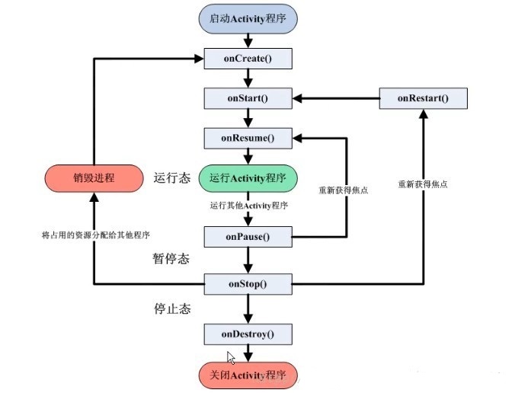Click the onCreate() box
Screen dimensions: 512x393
[248, 59]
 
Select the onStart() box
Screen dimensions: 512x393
[248, 98]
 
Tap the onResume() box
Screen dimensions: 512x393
[248, 138]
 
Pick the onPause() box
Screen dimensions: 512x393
[248, 237]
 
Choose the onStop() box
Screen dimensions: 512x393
[248, 284]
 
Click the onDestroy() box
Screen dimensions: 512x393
[248, 334]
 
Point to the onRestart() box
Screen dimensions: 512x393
[423, 98]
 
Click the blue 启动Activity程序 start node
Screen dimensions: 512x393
[248, 19]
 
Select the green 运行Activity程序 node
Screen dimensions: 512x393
[248, 178]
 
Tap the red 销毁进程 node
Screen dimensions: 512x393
[94, 178]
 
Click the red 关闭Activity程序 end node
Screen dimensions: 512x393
[248, 375]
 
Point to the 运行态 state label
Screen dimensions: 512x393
[172, 178]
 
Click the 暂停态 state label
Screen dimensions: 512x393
[171, 259]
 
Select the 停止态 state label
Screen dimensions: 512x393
[172, 308]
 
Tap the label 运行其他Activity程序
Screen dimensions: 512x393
[249, 206]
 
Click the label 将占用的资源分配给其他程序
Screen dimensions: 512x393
[96, 235]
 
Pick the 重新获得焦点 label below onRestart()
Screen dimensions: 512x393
[423, 184]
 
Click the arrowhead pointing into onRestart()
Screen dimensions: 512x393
[424, 113]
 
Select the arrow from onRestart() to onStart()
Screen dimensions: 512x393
[336, 98]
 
